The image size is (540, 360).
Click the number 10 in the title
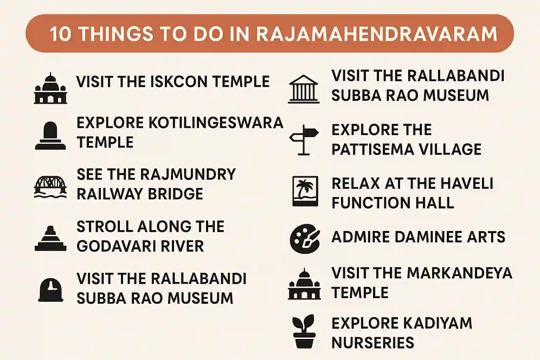60,34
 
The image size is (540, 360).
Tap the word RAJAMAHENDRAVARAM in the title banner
377,34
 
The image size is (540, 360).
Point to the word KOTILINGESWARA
216,123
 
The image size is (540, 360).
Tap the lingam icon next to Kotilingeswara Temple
50,136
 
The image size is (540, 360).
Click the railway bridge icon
50,187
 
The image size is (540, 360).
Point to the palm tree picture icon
305,191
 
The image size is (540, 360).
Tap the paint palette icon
305,239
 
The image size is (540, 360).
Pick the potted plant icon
304,332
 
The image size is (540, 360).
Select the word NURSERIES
373,343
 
